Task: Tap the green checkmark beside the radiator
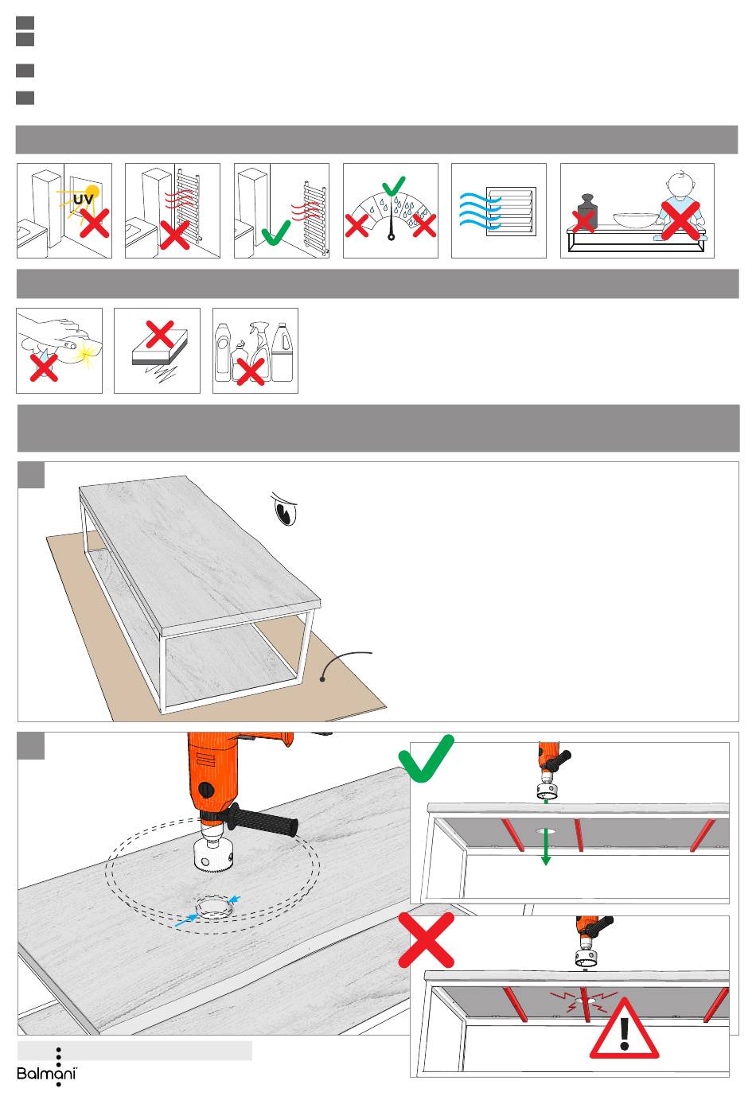tap(275, 233)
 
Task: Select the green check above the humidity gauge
tap(393, 186)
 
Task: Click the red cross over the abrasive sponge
tap(160, 333)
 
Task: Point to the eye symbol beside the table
tap(285, 508)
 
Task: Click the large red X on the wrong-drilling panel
tap(427, 940)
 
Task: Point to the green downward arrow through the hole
tap(546, 849)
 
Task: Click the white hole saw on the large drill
tap(215, 855)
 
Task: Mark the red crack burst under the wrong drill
tap(585, 998)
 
